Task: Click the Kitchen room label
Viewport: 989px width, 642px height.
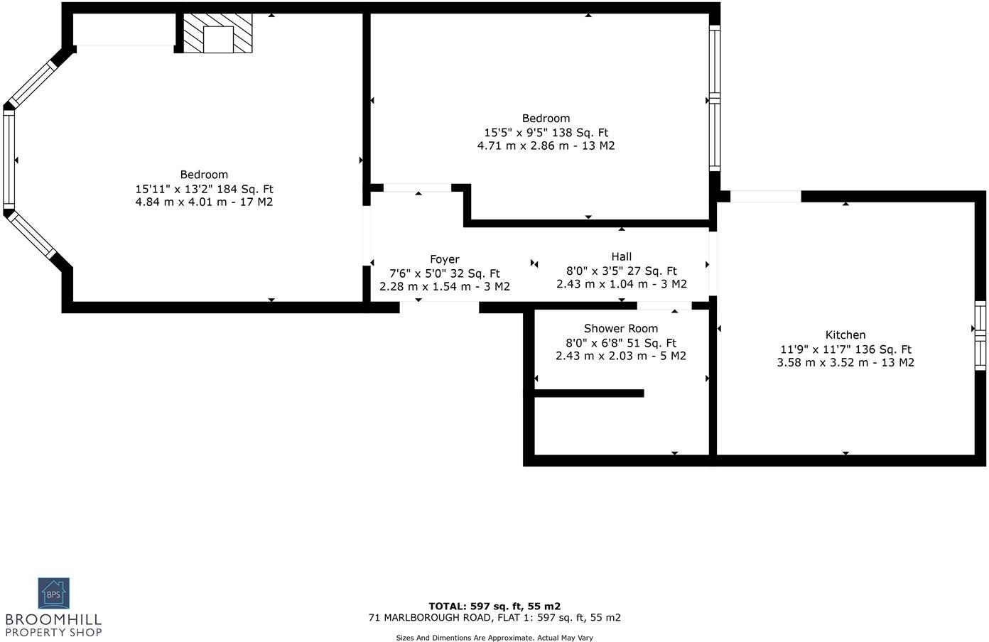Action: coord(845,335)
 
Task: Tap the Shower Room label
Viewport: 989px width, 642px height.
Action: coord(621,329)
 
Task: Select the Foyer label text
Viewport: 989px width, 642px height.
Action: coord(445,259)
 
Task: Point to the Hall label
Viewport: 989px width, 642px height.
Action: coord(621,257)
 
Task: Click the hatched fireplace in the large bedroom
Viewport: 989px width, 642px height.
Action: coord(217,33)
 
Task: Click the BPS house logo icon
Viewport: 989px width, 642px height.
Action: coord(53,593)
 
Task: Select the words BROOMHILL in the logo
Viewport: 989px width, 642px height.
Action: coord(53,619)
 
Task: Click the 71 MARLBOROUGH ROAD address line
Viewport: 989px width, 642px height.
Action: coord(494,618)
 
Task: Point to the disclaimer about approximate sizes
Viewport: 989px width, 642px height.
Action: coord(494,638)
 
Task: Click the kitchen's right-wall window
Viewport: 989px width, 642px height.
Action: coord(980,336)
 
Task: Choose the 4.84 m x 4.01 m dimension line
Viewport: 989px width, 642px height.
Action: coord(203,202)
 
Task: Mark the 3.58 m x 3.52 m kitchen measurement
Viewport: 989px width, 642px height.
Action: coord(845,363)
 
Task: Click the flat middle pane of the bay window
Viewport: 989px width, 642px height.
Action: coord(9,159)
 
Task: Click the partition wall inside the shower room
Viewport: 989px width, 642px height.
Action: coord(589,393)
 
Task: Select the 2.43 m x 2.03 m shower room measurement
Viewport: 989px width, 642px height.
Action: coord(621,356)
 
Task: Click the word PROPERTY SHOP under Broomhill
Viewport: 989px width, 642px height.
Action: coord(53,633)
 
